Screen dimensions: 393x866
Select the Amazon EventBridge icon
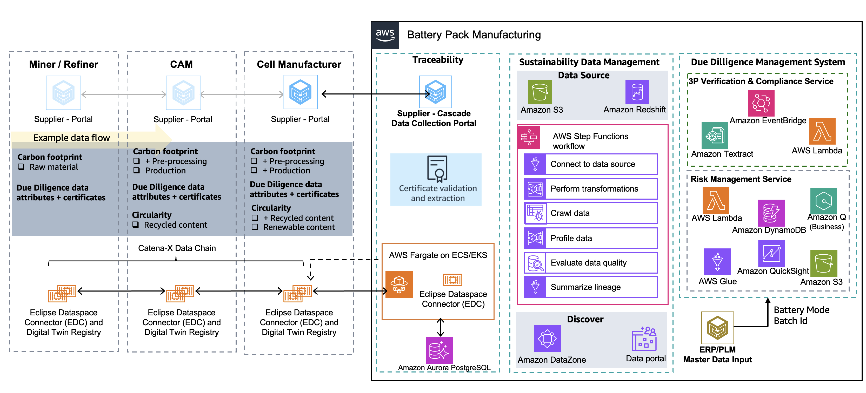(761, 103)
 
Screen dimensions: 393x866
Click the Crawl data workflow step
(591, 213)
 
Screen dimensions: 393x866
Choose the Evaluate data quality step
(591, 263)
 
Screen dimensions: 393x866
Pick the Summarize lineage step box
(591, 287)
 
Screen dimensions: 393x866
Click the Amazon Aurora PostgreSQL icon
(439, 350)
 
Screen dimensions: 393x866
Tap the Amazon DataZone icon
(547, 338)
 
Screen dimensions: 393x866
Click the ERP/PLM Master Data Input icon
(717, 328)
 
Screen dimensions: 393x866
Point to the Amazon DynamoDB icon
(771, 213)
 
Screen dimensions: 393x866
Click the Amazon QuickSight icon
(771, 253)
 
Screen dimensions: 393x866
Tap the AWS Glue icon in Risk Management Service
(717, 262)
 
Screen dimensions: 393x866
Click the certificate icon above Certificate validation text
(437, 169)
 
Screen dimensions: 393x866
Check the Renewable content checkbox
(255, 227)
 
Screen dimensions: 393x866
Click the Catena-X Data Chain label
(177, 248)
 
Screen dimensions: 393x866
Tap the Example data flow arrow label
(72, 138)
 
